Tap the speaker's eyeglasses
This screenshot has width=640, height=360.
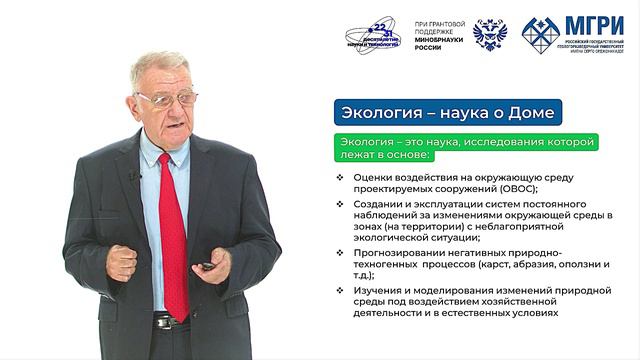coord(167,98)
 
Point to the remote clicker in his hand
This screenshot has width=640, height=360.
coord(206,265)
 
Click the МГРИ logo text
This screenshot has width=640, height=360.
coord(594,27)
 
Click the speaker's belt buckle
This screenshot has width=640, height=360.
coord(160,322)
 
